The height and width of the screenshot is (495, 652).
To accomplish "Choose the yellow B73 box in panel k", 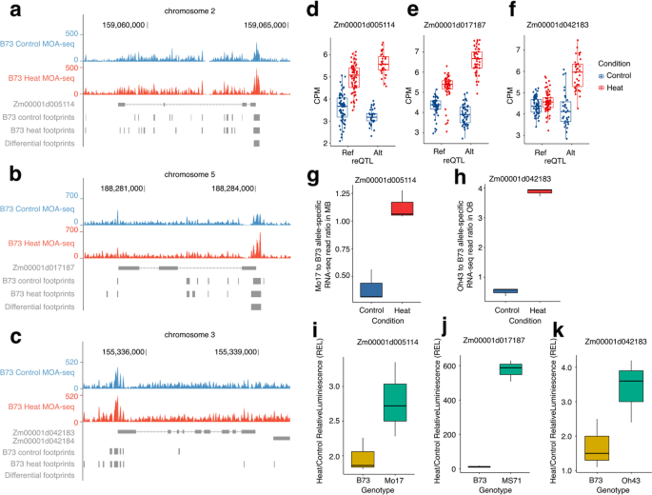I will click(569, 447).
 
